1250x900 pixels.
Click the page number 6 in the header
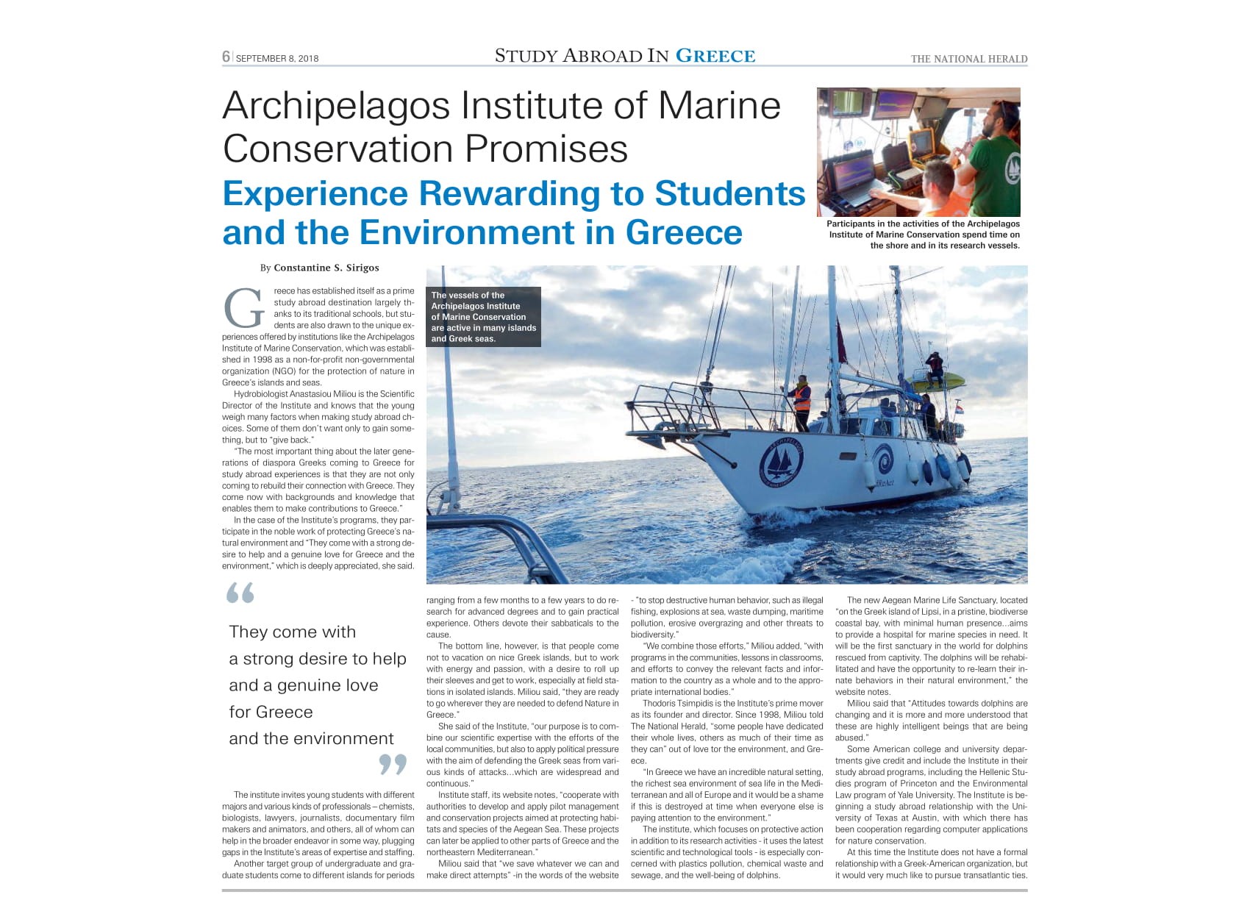[x=226, y=57]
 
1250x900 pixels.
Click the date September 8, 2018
[x=277, y=59]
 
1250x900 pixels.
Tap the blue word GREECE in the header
[x=715, y=56]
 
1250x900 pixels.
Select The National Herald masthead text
[x=968, y=59]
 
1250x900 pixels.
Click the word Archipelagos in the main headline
[x=336, y=106]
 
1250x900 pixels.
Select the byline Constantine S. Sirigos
[x=326, y=268]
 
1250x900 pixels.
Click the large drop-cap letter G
[x=243, y=309]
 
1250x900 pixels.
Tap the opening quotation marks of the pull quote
[x=240, y=593]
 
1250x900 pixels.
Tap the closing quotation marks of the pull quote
[x=393, y=765]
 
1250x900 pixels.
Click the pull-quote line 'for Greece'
[x=271, y=712]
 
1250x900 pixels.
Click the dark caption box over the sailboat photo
[x=483, y=317]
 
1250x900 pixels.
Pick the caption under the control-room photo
[x=923, y=235]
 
